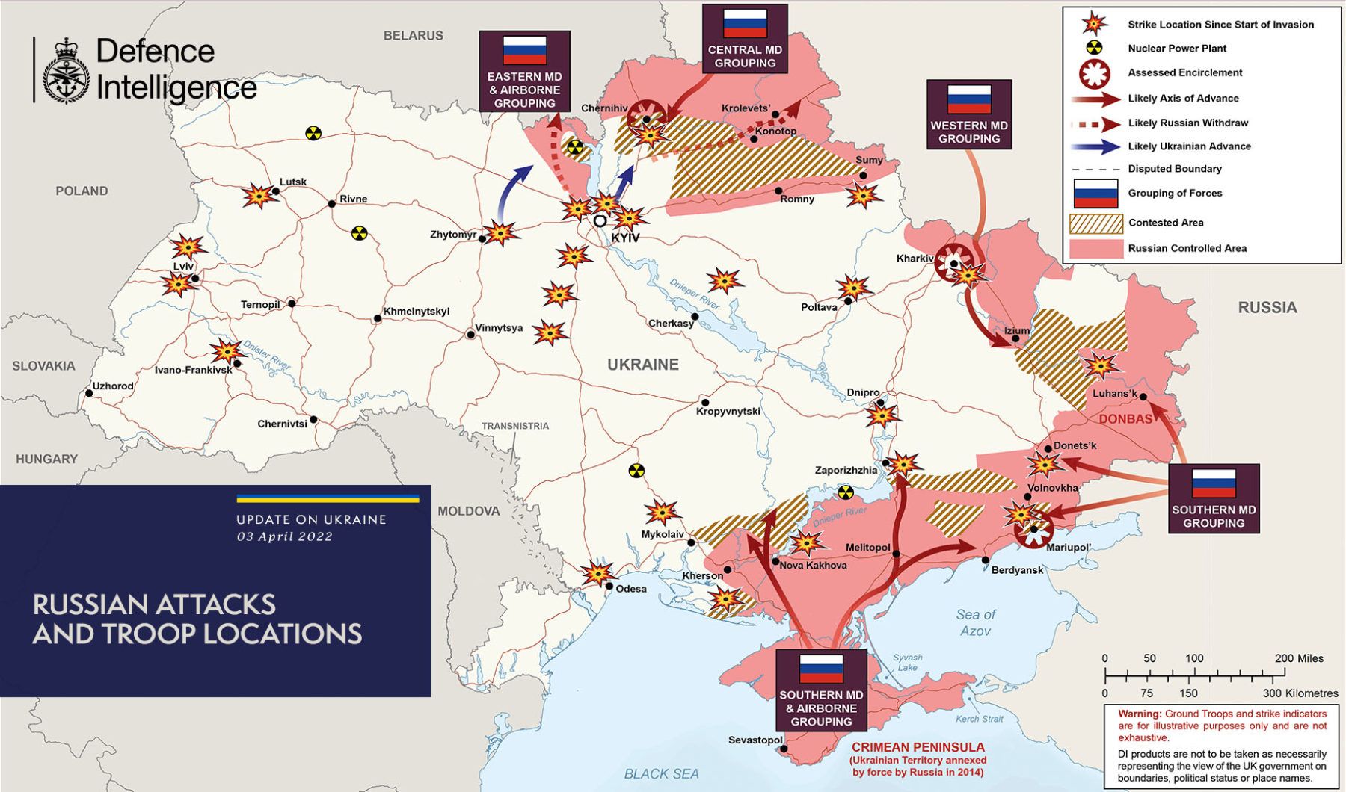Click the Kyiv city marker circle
click(x=600, y=221)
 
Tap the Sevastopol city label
click(x=755, y=740)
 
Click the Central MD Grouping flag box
click(x=745, y=38)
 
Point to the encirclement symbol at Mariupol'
click(x=1035, y=528)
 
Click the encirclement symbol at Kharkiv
click(x=954, y=262)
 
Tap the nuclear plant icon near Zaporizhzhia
click(x=846, y=492)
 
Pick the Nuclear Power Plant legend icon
click(x=1094, y=49)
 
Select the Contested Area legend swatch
click(x=1096, y=223)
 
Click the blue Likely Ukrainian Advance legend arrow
click(x=1095, y=146)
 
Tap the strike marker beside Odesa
click(x=597, y=573)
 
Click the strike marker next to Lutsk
click(x=259, y=197)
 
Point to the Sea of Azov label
click(x=975, y=622)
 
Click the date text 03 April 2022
click(x=284, y=536)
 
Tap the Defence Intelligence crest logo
click(x=66, y=71)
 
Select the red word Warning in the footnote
click(x=1139, y=714)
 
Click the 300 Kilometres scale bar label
click(x=1300, y=693)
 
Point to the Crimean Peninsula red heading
click(x=918, y=747)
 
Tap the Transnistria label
click(x=514, y=426)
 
